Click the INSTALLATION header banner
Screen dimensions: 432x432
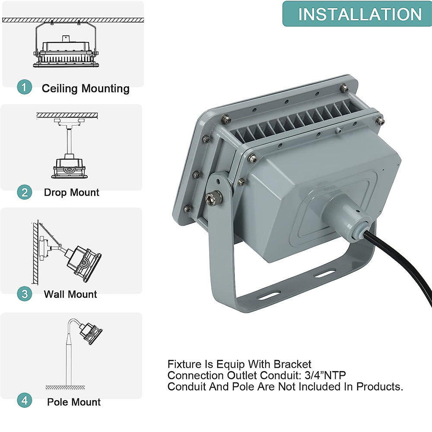coord(357,14)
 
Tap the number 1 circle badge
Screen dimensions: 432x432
coord(25,87)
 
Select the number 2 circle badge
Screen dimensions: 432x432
coord(25,192)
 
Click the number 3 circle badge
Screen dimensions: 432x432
coord(25,294)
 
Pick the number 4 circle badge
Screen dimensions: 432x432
coord(25,400)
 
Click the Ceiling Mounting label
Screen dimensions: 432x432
coord(86,89)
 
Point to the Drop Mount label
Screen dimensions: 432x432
coord(71,192)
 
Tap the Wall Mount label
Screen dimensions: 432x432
coord(70,294)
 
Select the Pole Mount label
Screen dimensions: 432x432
coord(74,402)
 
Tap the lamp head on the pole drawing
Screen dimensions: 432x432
coord(91,334)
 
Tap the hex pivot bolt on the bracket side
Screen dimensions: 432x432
coord(214,197)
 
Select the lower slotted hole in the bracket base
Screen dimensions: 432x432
coord(269,295)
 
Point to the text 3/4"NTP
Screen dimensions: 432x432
coord(325,375)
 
